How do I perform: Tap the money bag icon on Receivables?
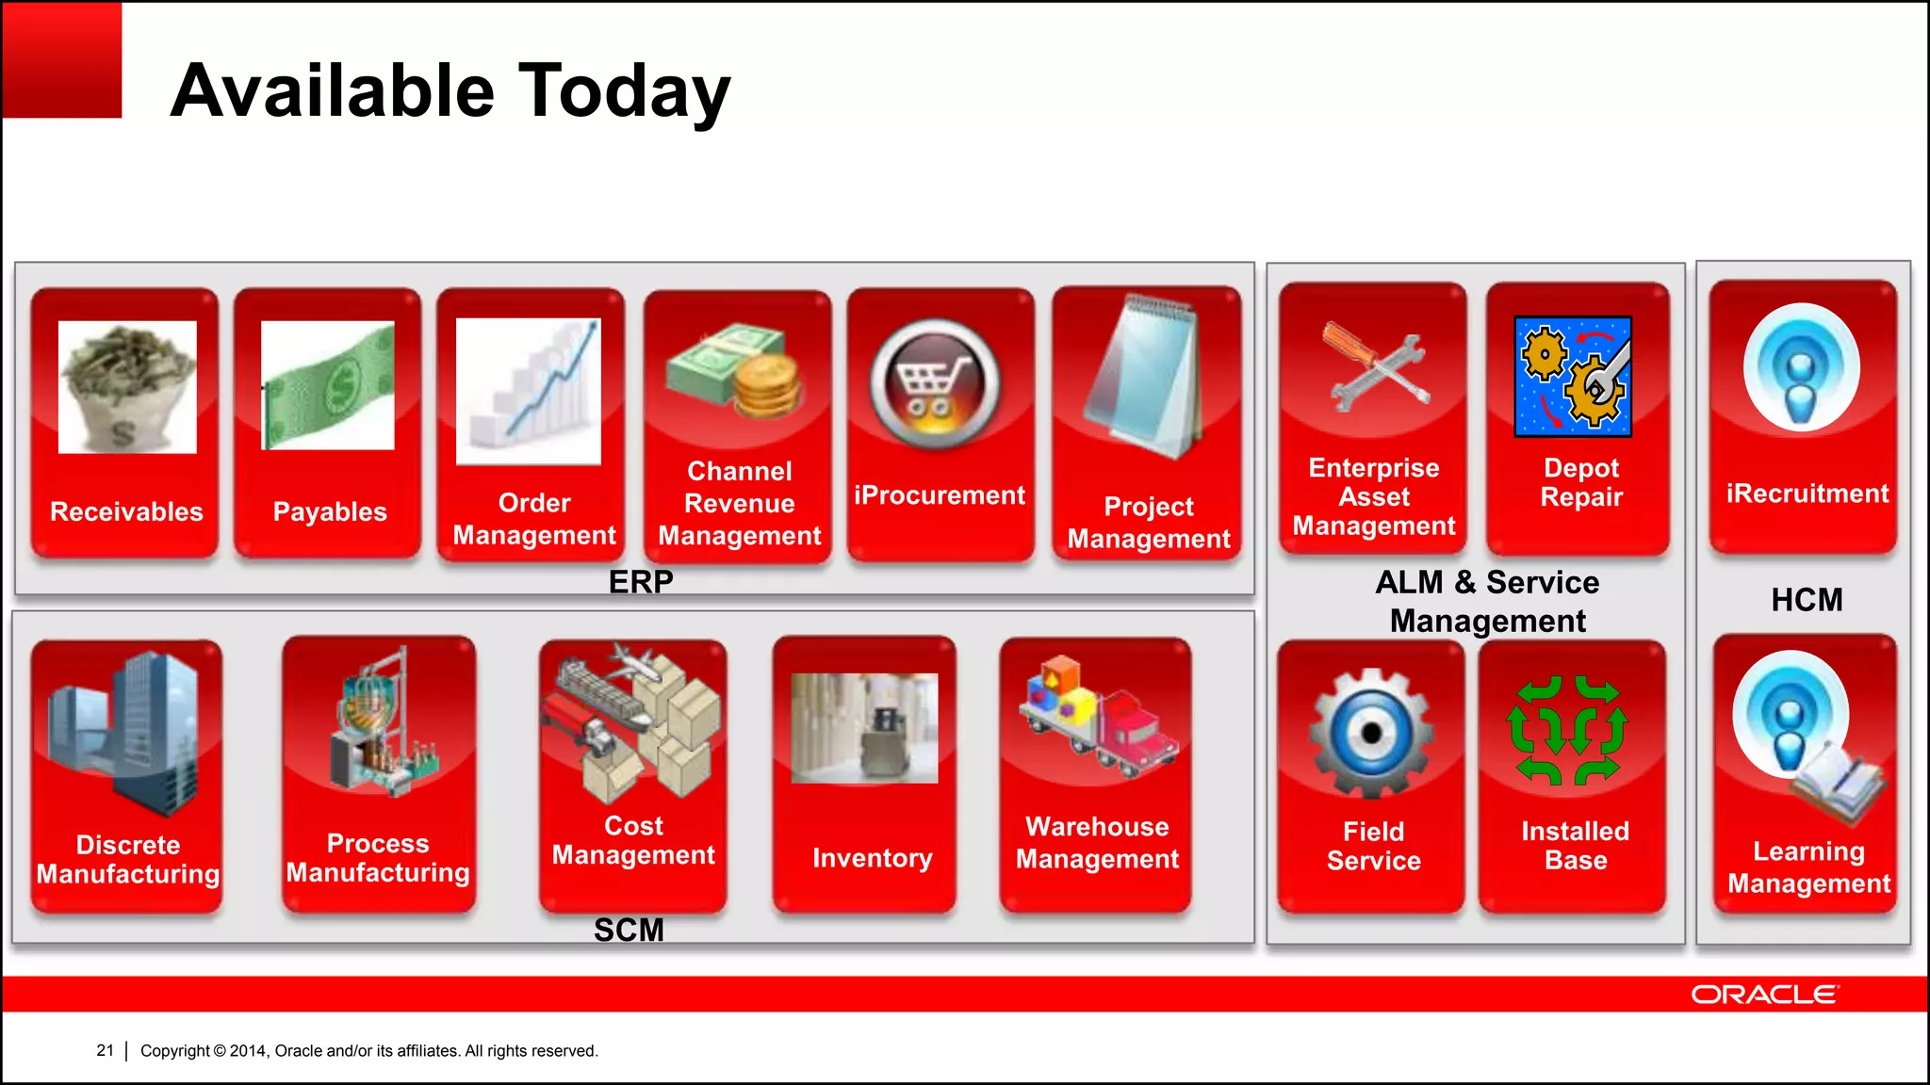[x=127, y=387]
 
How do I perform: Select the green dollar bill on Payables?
[x=328, y=385]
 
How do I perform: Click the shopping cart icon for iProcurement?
[x=935, y=385]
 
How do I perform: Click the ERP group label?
[x=641, y=582]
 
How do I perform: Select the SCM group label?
[x=629, y=930]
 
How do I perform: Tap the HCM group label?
[x=1807, y=600]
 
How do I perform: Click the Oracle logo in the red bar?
[x=1764, y=995]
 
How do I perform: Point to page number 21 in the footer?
[x=105, y=1050]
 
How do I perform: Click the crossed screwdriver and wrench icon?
[x=1375, y=369]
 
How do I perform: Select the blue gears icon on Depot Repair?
[x=1573, y=376]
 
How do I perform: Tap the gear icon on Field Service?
[x=1371, y=733]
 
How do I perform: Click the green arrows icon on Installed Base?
[x=1568, y=730]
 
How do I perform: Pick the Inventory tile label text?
[x=872, y=858]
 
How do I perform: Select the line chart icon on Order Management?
[x=529, y=391]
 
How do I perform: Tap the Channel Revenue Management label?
[x=739, y=503]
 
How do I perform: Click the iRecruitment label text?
[x=1807, y=494]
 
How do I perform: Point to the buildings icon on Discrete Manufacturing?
[x=127, y=730]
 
